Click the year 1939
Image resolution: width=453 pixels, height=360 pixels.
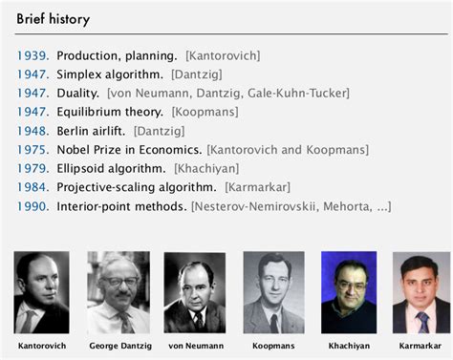[32, 56]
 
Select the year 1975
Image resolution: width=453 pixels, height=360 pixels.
[32, 150]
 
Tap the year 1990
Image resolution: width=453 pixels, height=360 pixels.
[32, 205]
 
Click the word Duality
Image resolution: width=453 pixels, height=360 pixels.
[77, 94]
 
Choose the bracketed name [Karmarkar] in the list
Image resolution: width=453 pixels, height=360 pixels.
[258, 187]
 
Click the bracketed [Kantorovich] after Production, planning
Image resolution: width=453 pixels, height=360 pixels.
[223, 56]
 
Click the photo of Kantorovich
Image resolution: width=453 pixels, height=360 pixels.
[42, 291]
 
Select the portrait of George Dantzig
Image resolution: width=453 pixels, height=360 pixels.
[119, 291]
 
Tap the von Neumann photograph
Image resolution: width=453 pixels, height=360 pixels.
[195, 291]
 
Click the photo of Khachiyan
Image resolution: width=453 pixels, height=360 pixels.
[349, 291]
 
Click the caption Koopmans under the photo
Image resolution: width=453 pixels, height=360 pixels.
[272, 345]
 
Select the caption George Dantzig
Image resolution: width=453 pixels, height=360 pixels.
[119, 345]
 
